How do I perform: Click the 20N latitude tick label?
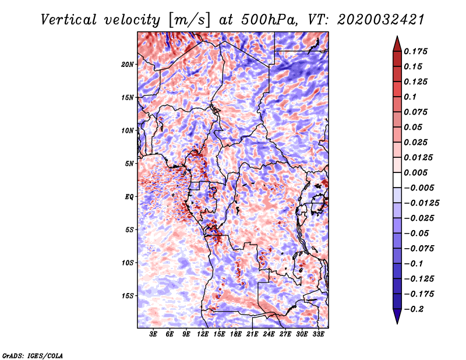[x=128, y=64]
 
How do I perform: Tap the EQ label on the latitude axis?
[x=129, y=196]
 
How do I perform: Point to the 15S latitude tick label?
[x=128, y=295]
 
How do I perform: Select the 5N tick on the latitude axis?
[x=129, y=163]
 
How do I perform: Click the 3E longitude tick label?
[x=154, y=335]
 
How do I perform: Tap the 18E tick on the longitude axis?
[x=236, y=335]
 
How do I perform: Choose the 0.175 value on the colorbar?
[x=417, y=51]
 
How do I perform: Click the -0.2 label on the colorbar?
[x=415, y=309]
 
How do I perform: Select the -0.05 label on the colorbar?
[x=417, y=233]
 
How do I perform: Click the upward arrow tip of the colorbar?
[x=396, y=38]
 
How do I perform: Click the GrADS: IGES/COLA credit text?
[x=32, y=354]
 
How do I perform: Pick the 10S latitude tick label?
[x=128, y=263]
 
